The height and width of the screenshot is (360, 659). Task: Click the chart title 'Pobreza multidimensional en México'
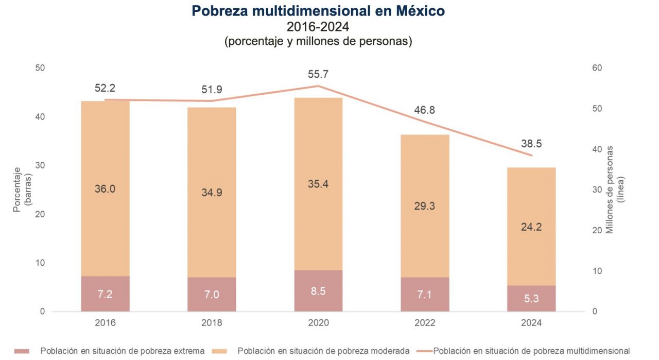(318, 11)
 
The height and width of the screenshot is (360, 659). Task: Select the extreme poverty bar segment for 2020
(318, 290)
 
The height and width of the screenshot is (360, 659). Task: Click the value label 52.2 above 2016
(105, 89)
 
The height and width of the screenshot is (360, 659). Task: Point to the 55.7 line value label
(318, 75)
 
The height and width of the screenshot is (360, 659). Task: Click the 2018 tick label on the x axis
(212, 323)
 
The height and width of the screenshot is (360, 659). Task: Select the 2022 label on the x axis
(425, 323)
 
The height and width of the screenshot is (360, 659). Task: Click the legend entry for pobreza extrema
(123, 351)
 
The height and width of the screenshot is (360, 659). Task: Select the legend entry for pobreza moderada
(323, 351)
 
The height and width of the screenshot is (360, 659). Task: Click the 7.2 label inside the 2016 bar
(105, 295)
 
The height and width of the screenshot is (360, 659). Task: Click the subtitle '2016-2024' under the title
(318, 26)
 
